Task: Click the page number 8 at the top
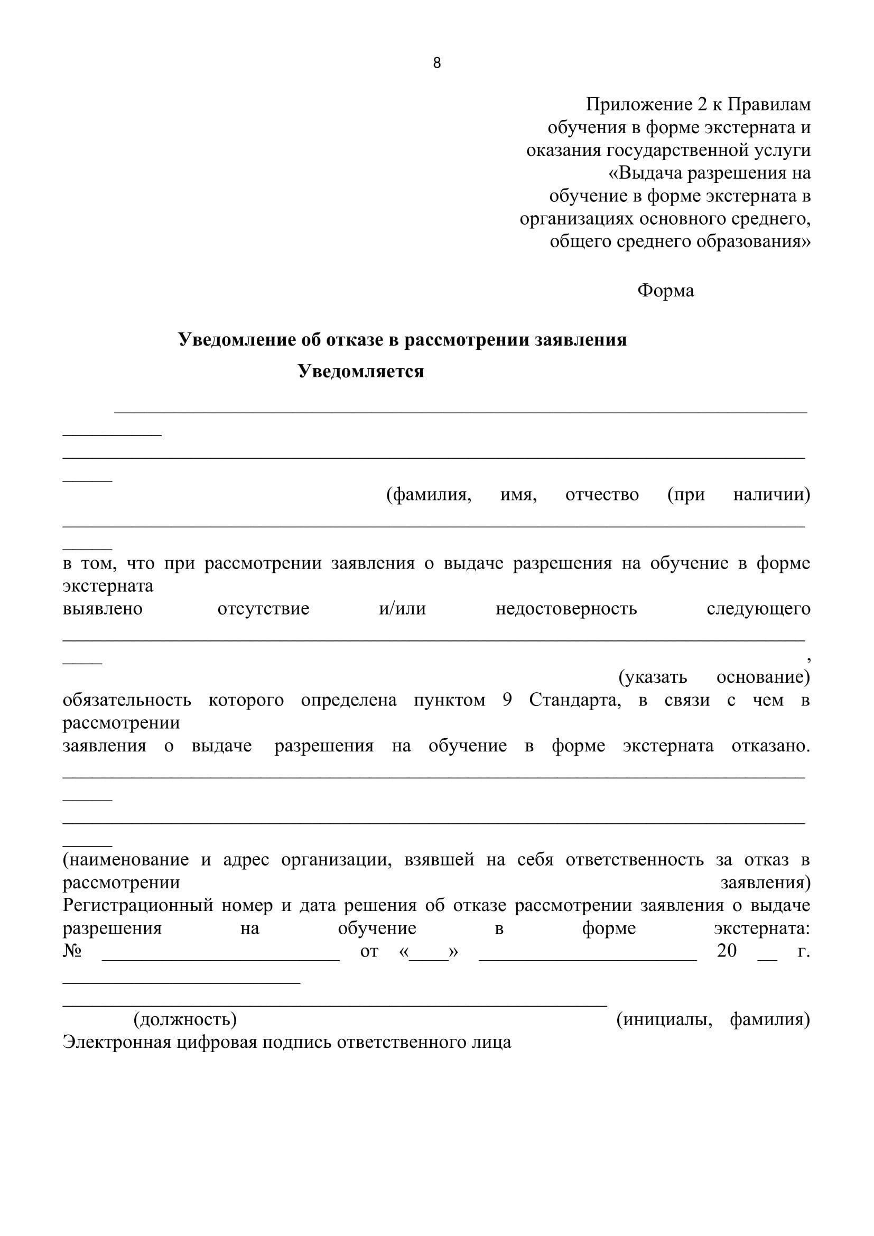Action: click(x=436, y=63)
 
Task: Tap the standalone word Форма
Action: click(x=665, y=291)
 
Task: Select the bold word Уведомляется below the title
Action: click(x=361, y=371)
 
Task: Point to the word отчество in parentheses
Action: click(x=602, y=494)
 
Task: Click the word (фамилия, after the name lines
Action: click(x=429, y=494)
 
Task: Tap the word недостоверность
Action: click(x=565, y=609)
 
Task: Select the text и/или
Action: click(x=402, y=609)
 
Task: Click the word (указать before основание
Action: click(x=653, y=677)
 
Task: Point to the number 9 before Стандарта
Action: click(x=507, y=700)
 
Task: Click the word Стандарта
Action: click(x=574, y=700)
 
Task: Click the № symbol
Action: click(x=72, y=951)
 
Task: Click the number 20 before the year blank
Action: click(x=726, y=951)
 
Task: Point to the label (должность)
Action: click(x=184, y=1019)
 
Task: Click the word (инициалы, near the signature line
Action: click(x=664, y=1019)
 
